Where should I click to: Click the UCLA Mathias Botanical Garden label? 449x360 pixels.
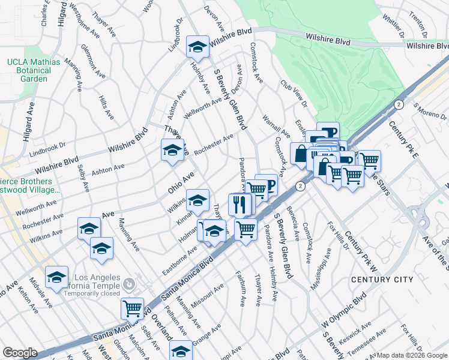pos(34,70)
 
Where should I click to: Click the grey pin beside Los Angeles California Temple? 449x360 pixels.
pos(127,283)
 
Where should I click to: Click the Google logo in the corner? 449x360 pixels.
pos(20,353)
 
